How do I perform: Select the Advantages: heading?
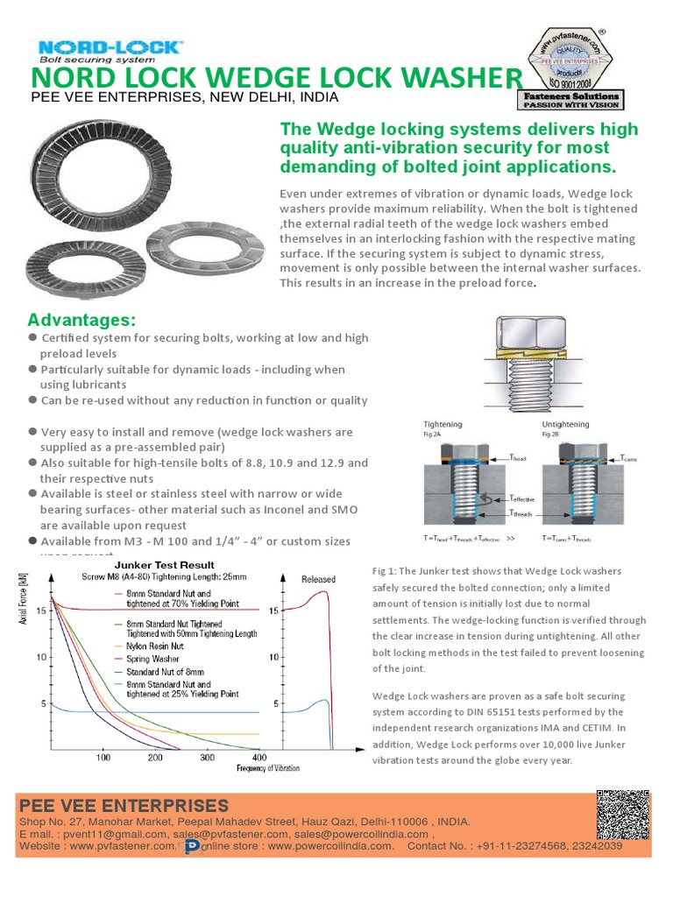coord(81,318)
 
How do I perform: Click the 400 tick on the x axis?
coord(259,757)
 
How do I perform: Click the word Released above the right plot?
coord(318,580)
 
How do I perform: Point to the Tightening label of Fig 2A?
coord(443,424)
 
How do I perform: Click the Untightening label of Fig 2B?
coord(566,424)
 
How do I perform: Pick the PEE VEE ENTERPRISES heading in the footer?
coord(124,805)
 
